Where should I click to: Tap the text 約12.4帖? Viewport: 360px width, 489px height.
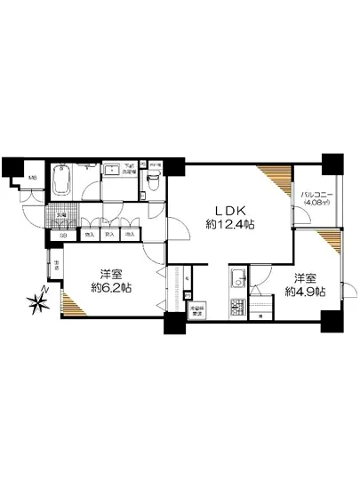click(x=230, y=225)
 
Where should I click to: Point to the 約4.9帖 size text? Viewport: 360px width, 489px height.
click(x=304, y=291)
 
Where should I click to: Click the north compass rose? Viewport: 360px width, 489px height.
click(x=38, y=303)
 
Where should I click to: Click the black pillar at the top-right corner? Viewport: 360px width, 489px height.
click(x=332, y=164)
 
